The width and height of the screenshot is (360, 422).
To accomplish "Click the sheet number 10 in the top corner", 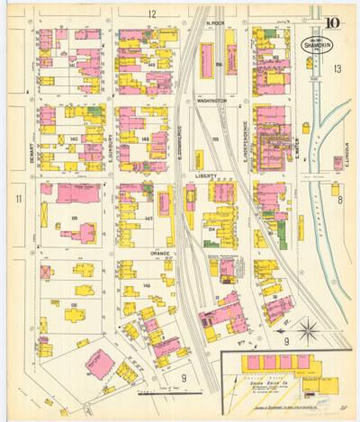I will pyautogui.click(x=333, y=22).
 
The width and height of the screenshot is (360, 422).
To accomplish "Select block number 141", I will pyautogui.click(x=71, y=65).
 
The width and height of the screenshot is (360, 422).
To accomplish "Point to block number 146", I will pyautogui.click(x=148, y=284).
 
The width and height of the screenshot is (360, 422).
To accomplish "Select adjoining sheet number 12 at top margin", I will pyautogui.click(x=152, y=13).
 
